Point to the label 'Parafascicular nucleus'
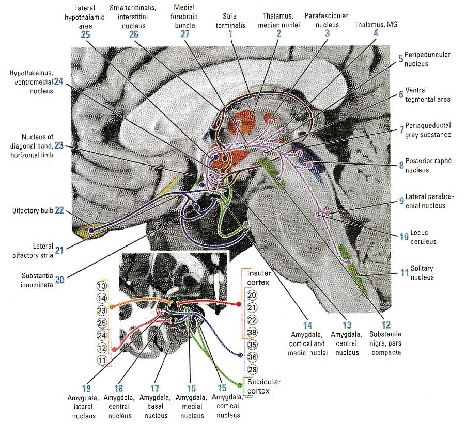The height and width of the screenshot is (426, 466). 327,21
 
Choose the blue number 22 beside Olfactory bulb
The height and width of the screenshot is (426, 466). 59,211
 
